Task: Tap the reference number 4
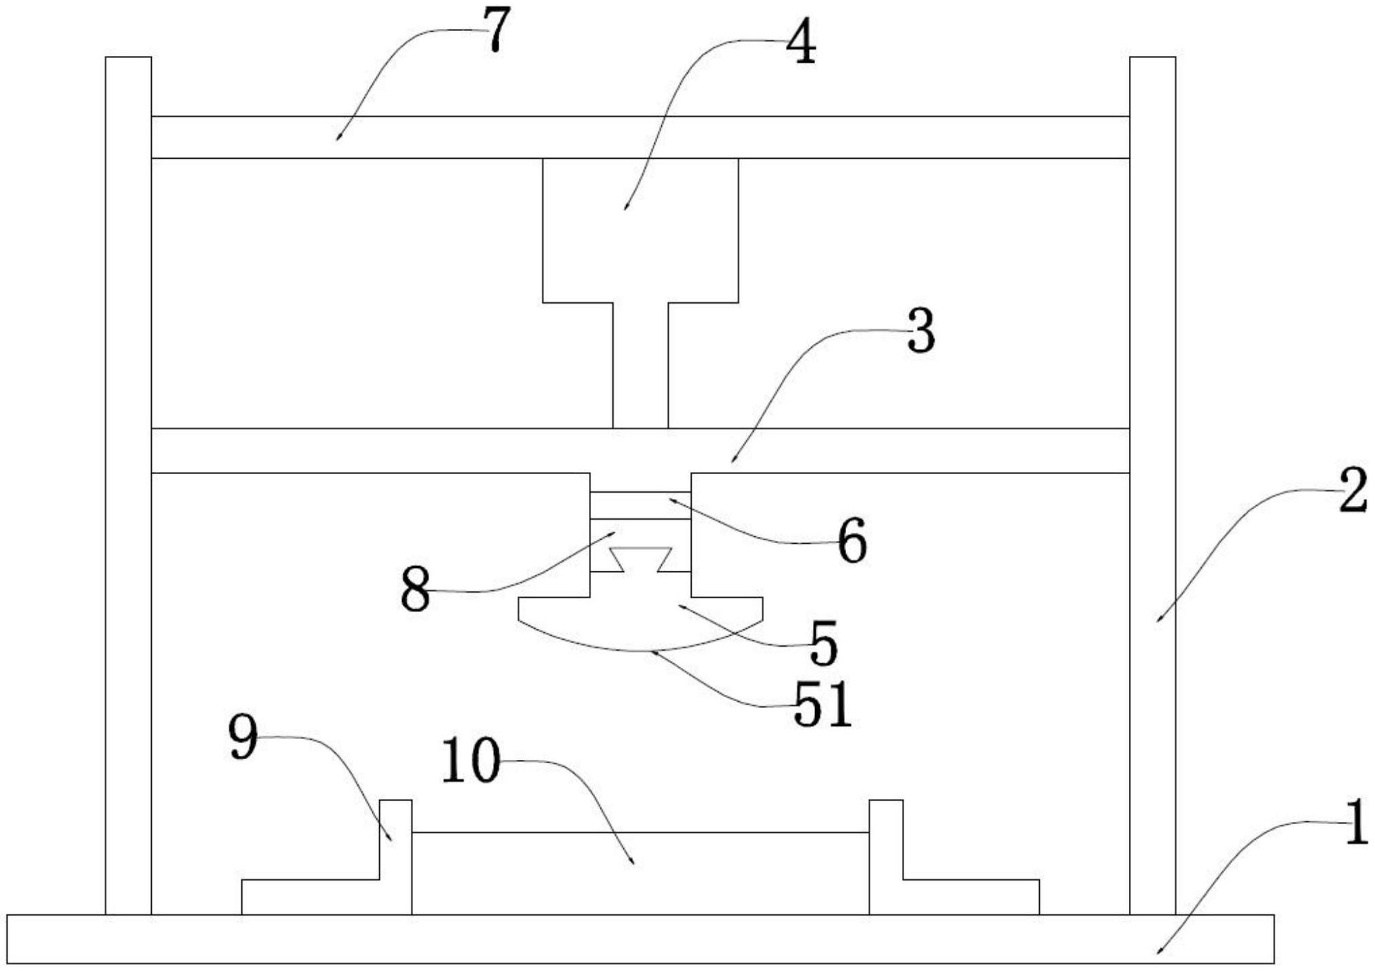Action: [x=801, y=41]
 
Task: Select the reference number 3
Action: [x=921, y=331]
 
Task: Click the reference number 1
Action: [x=1356, y=822]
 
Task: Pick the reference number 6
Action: [x=852, y=542]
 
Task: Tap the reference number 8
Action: [x=415, y=590]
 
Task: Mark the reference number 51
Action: [x=823, y=705]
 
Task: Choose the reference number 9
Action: [x=243, y=737]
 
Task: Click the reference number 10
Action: [x=470, y=760]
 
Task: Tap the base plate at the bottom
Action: [x=641, y=939]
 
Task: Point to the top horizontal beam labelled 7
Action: [x=640, y=137]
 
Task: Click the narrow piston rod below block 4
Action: [x=641, y=365]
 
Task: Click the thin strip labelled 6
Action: [x=641, y=506]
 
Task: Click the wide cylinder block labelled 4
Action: [x=641, y=231]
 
